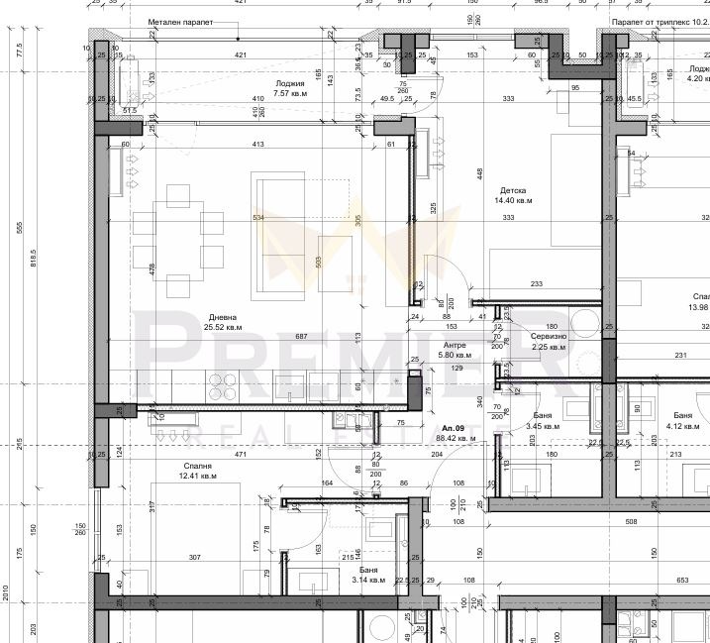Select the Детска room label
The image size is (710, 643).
[x=513, y=190]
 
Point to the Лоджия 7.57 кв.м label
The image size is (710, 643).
[x=291, y=89]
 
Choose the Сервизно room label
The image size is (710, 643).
[x=549, y=337]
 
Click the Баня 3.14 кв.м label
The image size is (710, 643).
[x=368, y=575]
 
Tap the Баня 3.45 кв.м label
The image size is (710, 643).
[x=542, y=421]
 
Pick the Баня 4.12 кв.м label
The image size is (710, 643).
[x=683, y=421]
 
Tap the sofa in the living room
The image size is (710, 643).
[x=277, y=233]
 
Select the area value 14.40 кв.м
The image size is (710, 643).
[x=514, y=200]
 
